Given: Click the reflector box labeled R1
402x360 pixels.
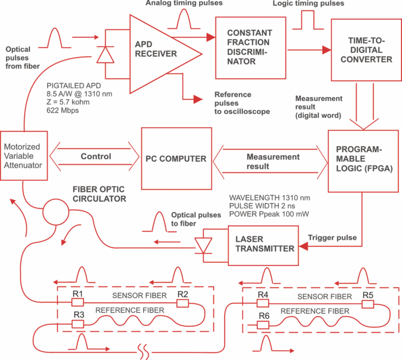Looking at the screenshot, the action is click(78, 303).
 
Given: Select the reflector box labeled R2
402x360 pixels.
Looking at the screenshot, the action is click(183, 303).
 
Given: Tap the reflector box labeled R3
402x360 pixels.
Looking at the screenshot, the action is click(78, 324).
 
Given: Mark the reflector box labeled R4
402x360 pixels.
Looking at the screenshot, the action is click(263, 303).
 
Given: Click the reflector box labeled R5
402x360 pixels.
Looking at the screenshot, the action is click(368, 304).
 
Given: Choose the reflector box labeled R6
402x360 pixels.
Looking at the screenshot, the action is click(263, 325).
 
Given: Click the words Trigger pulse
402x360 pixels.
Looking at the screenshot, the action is click(333, 238).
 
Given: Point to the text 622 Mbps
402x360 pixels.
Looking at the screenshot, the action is click(63, 110).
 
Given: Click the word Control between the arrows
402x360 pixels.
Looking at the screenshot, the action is click(96, 156).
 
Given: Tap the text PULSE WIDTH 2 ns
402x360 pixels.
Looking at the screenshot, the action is click(262, 206).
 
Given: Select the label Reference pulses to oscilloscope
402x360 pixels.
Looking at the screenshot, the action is click(242, 103).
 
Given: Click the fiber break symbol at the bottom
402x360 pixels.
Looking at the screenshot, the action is click(143, 352).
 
